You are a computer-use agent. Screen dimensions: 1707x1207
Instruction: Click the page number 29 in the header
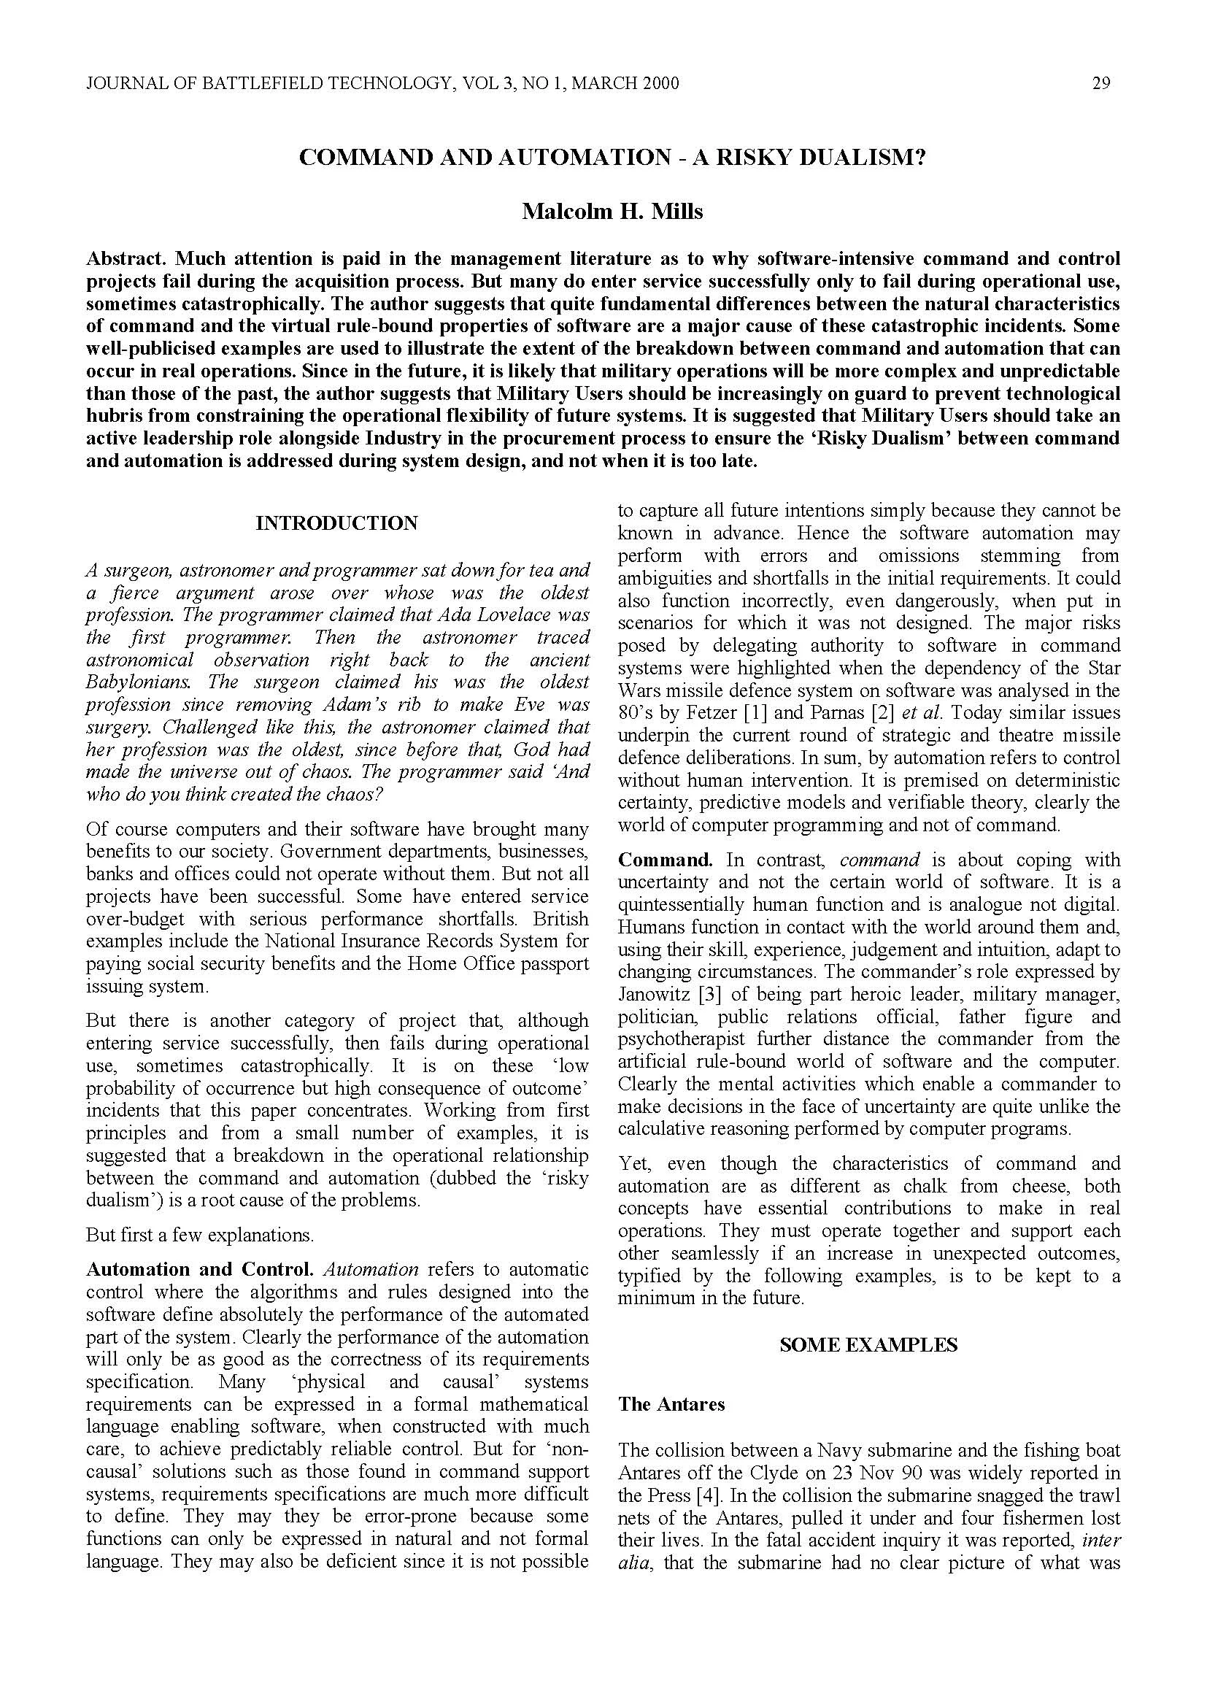click(1101, 83)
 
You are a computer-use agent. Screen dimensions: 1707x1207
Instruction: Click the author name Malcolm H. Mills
click(612, 212)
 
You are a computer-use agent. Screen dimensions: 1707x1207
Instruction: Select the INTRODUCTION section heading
click(336, 523)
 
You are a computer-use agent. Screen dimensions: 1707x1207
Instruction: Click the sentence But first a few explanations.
click(200, 1234)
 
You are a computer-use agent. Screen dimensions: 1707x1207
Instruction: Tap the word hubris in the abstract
click(117, 415)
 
